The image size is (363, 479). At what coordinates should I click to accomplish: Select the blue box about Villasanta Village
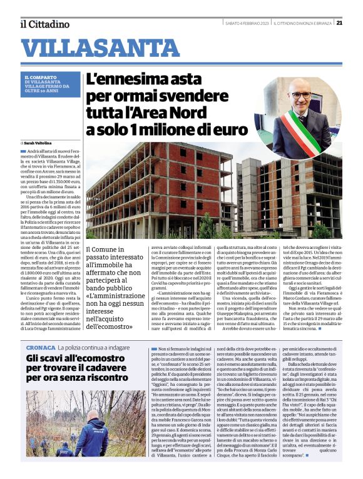click(52, 86)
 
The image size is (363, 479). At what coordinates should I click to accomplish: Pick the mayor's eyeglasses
click(300, 96)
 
